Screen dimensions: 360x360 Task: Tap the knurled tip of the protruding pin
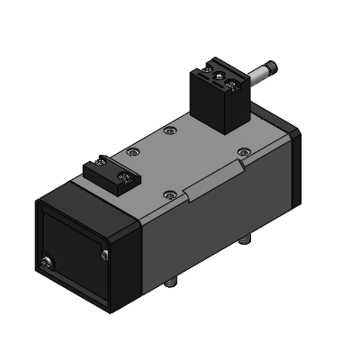pos(271,69)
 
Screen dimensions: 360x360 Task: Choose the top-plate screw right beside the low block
pos(134,153)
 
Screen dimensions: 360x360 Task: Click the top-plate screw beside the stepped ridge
pos(170,193)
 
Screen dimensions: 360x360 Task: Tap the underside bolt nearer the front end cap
pos(174,284)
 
